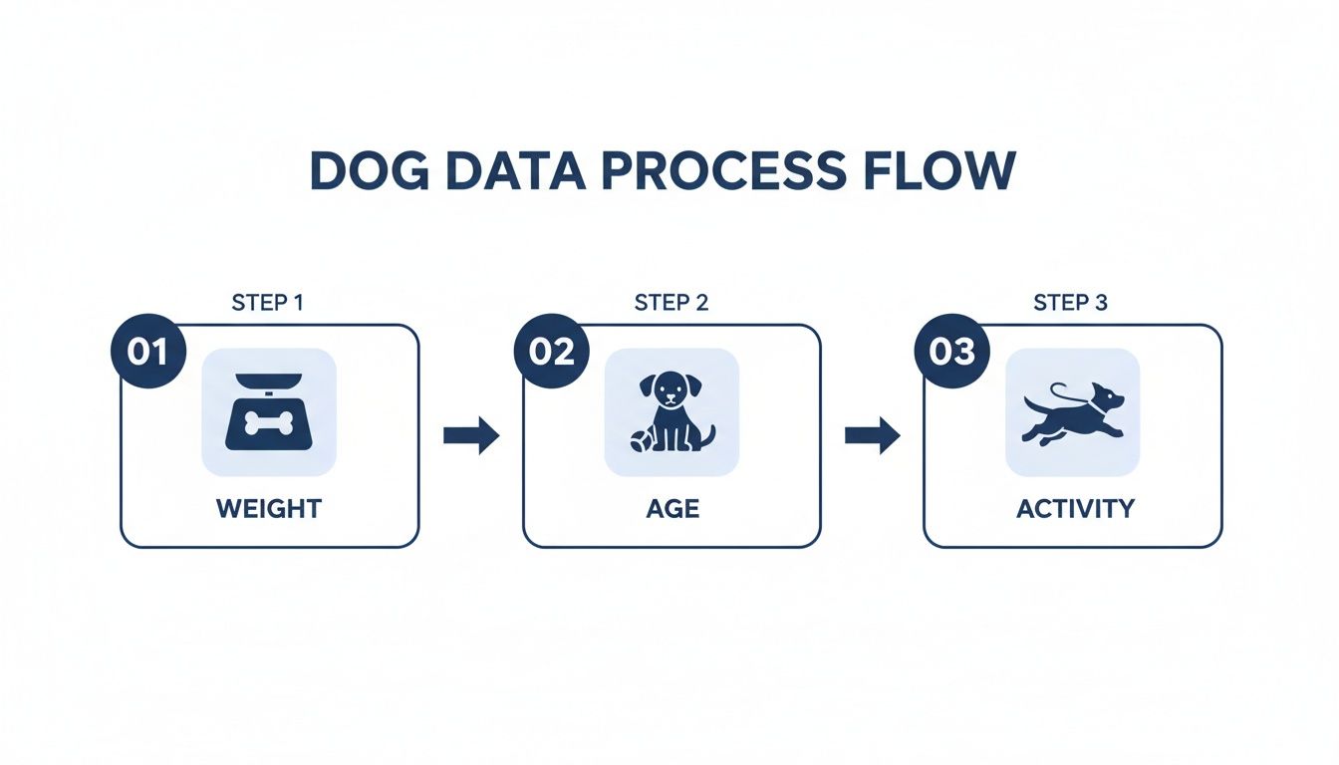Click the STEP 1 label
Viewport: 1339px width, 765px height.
coord(267,303)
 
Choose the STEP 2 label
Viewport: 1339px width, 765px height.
coord(671,303)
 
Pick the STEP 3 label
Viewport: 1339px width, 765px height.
coord(1070,303)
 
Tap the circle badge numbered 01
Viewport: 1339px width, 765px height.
coord(147,353)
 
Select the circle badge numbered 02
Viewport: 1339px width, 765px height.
coord(551,353)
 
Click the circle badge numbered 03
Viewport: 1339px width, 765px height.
coord(951,353)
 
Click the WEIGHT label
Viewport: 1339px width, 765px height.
coord(269,509)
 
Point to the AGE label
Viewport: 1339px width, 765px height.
coord(671,509)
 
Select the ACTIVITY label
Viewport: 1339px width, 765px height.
coord(1075,509)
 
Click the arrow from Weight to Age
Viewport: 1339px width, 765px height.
coord(471,435)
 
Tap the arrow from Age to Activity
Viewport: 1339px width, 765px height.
coord(873,435)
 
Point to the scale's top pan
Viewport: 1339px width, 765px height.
coord(268,378)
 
